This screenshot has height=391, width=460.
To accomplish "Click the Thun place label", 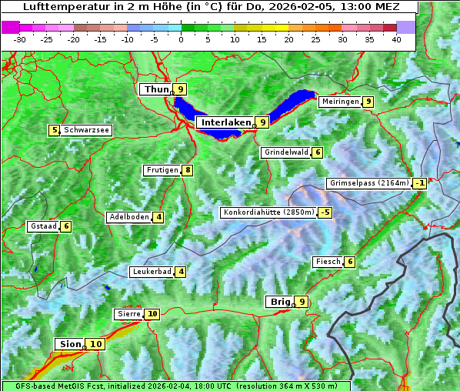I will [156, 90].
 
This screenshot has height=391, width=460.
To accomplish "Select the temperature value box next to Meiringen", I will [368, 102].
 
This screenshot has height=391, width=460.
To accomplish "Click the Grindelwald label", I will [286, 152].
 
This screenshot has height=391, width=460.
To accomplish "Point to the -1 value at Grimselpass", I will [419, 183].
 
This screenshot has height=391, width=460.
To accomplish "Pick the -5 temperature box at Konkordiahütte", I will [325, 212].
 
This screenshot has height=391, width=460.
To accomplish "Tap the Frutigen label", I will [162, 170].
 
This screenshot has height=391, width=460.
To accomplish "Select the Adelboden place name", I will [128, 217].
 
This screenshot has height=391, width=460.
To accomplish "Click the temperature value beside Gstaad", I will [66, 226].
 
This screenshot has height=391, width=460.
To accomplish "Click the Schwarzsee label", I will [86, 130].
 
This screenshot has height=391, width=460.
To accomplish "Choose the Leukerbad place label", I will [151, 272].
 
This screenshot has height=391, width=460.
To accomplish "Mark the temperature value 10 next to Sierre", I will [152, 314].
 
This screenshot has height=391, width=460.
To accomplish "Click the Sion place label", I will [68, 344].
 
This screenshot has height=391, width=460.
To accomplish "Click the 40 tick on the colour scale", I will [396, 38].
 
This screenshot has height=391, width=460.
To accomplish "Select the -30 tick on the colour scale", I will [20, 38].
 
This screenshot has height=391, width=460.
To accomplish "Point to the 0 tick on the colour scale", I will [181, 38].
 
